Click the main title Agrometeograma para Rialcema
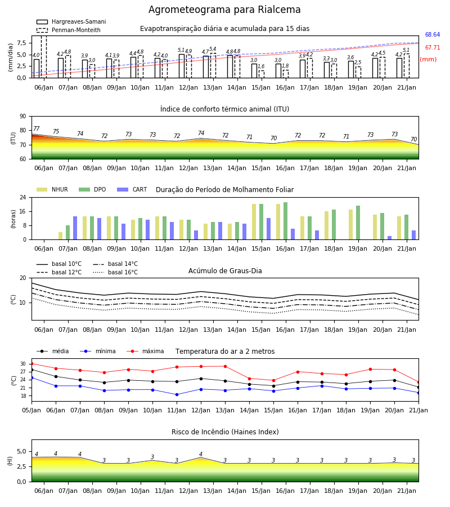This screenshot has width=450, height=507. coord(224,10)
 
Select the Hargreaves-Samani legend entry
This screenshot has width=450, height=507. coord(71,21)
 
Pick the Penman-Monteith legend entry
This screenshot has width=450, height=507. coord(69,30)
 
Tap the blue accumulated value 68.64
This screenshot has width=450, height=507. coord(433,34)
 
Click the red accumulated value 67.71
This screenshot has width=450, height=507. coord(433,47)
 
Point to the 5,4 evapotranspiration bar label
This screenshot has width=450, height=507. coord(213,49)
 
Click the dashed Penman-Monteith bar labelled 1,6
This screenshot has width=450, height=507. coord(261,74)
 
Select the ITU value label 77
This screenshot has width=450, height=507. coord(37,128)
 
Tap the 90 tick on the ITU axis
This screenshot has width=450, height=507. coord(23,117)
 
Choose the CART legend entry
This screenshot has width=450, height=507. coord(132,189)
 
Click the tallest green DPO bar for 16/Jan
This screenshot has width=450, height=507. coord(285,221)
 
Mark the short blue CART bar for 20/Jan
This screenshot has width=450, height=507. coord(390,238)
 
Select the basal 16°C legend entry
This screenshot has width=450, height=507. coord(115,272)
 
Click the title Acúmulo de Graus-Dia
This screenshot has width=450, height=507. coord(225,271)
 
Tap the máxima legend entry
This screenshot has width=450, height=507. coord(146,351)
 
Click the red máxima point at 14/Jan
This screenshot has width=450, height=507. coord(250,379)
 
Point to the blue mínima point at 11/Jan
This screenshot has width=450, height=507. coord(177,394)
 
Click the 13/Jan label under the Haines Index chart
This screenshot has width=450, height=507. coord(213,491)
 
